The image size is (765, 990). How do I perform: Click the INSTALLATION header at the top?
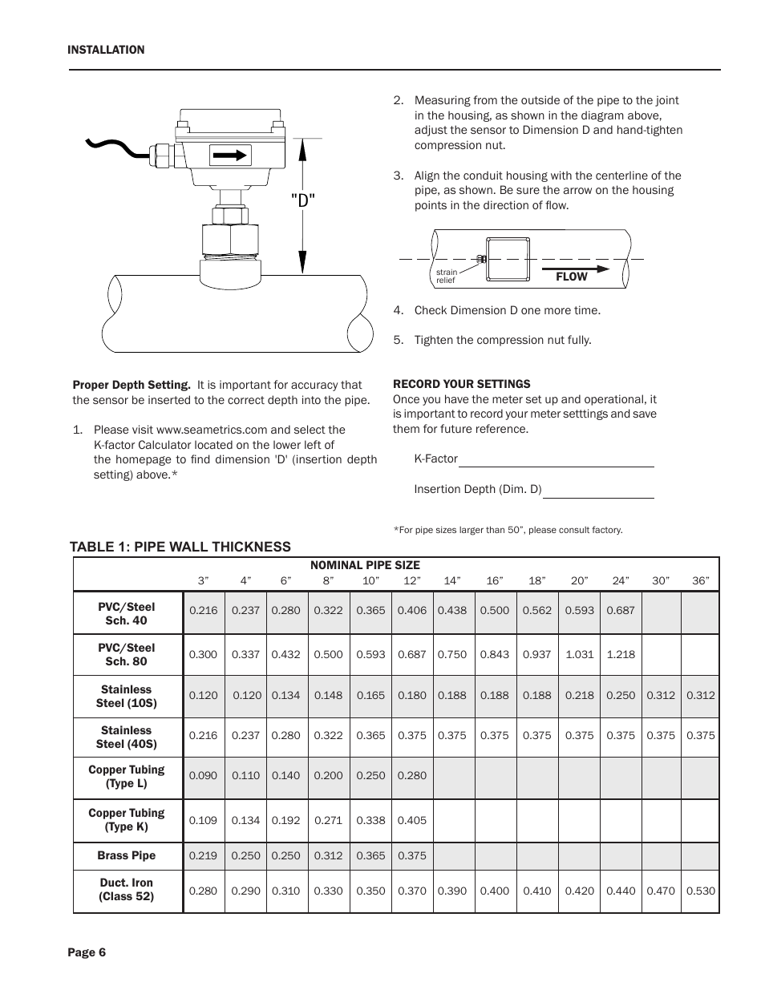pyautogui.click(x=106, y=50)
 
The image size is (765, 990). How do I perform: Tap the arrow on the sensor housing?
pyautogui.click(x=231, y=155)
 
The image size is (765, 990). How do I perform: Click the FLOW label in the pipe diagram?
pyautogui.click(x=572, y=277)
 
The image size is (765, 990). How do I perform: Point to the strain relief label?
pyautogui.click(x=446, y=277)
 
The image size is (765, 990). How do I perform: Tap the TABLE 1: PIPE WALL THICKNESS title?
pyautogui.click(x=180, y=547)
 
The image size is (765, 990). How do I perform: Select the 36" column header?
pyautogui.click(x=700, y=580)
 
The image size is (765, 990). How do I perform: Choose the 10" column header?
pyautogui.click(x=370, y=580)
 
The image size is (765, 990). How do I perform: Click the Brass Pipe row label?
pyautogui.click(x=127, y=855)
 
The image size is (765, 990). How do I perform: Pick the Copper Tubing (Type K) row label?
pyautogui.click(x=127, y=819)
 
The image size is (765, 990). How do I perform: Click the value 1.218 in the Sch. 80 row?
pyautogui.click(x=621, y=654)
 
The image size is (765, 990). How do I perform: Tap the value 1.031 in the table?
pyautogui.click(x=579, y=654)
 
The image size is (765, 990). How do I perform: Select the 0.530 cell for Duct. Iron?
pyautogui.click(x=701, y=891)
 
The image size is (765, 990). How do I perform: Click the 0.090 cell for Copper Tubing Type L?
pyautogui.click(x=203, y=776)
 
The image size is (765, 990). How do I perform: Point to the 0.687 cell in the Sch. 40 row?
pyautogui.click(x=621, y=610)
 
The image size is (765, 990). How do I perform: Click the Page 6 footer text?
pyautogui.click(x=87, y=952)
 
